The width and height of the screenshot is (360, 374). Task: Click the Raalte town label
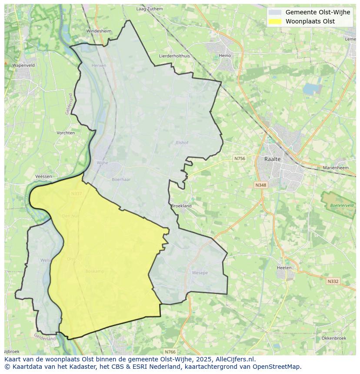273,159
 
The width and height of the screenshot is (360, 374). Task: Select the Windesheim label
99,31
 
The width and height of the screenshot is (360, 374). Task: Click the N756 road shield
240,159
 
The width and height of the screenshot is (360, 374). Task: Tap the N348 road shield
260,185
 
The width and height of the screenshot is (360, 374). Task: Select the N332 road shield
333,281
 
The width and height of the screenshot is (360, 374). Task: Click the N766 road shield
170,351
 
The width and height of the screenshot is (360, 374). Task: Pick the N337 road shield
76,194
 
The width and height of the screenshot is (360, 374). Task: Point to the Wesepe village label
200,273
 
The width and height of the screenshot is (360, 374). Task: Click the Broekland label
181,206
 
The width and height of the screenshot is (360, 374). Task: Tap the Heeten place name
284,268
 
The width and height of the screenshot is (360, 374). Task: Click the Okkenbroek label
333,338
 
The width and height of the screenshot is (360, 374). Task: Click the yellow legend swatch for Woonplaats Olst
275,21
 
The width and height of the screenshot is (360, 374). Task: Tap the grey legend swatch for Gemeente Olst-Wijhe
275,13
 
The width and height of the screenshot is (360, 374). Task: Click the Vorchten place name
66,133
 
